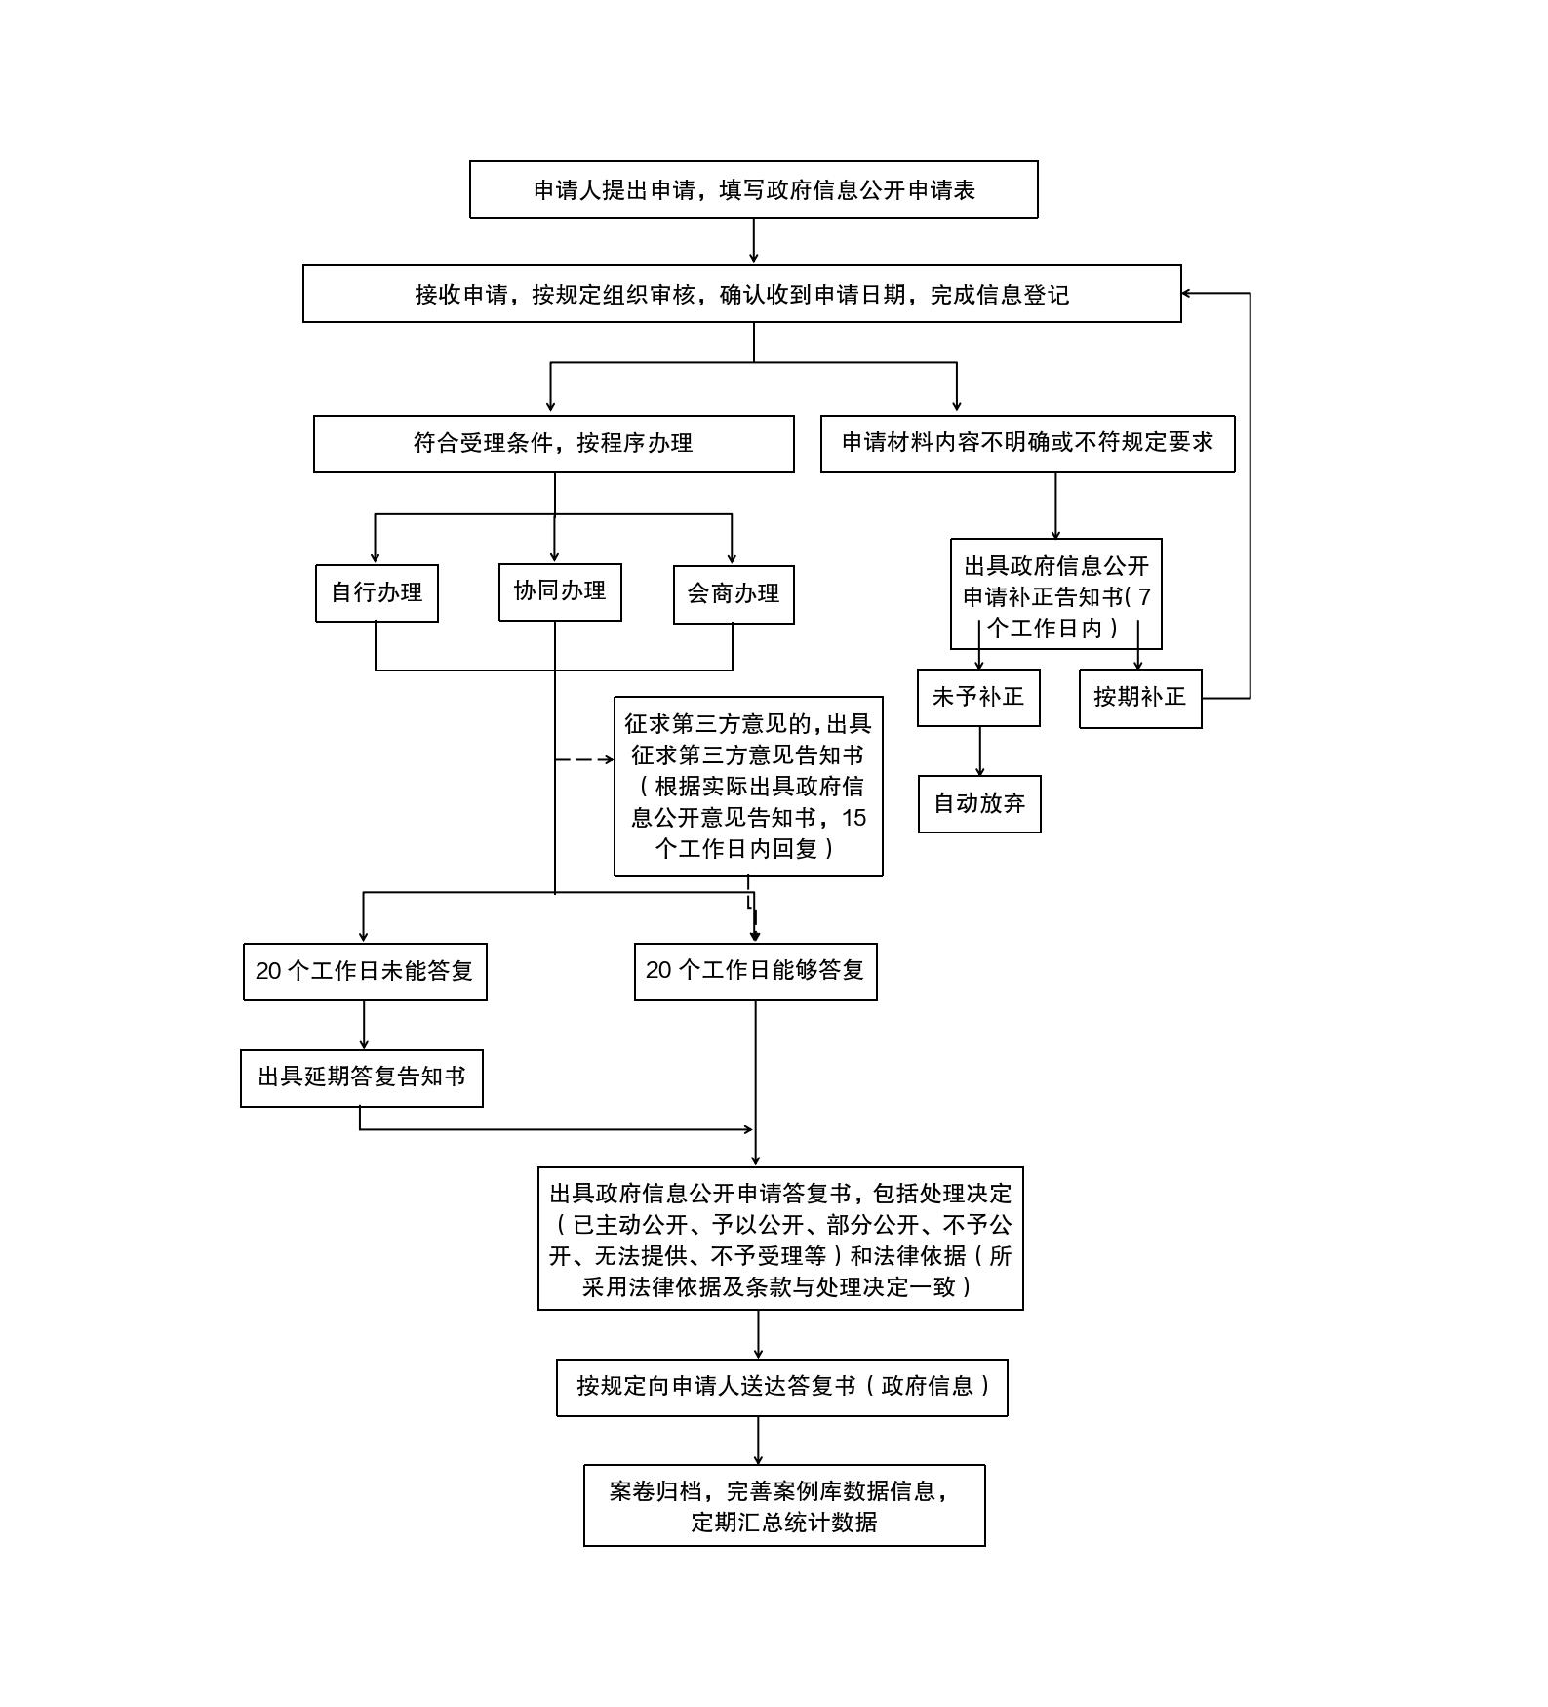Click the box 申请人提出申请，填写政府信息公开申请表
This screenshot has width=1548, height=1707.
(x=753, y=189)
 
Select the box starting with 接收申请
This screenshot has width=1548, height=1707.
(x=741, y=294)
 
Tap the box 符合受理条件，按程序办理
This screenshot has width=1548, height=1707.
(x=553, y=444)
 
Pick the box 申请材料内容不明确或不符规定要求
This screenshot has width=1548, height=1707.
(x=1027, y=444)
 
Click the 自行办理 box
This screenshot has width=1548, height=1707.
(x=377, y=592)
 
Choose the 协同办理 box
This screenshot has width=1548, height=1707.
(x=560, y=591)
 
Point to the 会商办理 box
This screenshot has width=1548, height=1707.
(x=734, y=594)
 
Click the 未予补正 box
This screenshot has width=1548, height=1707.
(x=978, y=697)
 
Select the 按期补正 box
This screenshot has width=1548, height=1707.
(x=1140, y=698)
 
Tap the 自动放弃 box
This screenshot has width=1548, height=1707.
(x=979, y=804)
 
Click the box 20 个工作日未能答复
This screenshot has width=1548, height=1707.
(x=365, y=971)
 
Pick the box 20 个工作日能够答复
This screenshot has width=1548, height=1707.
(x=755, y=971)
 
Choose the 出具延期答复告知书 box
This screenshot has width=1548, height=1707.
(x=362, y=1077)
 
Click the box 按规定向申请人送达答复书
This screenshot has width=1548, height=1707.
(x=781, y=1387)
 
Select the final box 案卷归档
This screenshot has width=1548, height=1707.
(x=784, y=1505)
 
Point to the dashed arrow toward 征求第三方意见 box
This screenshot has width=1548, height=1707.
(x=584, y=758)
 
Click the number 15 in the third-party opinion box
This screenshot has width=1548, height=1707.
(x=853, y=818)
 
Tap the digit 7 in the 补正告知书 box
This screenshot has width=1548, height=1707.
(x=1144, y=596)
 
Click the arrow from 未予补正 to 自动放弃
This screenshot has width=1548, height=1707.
(x=979, y=751)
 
